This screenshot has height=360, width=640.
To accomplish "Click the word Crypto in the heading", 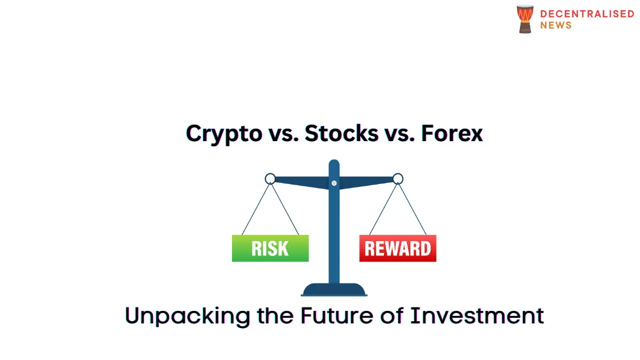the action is click(224, 134).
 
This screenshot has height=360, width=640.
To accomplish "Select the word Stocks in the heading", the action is click(341, 134).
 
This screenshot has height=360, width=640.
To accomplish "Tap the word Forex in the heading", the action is click(452, 134).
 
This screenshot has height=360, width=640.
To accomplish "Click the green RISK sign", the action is click(270, 248).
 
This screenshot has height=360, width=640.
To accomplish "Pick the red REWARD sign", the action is click(398, 248).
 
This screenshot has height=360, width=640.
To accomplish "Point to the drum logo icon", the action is click(525, 19).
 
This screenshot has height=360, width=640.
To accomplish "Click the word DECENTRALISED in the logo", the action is click(587, 14).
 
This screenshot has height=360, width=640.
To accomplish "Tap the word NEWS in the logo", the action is click(556, 25).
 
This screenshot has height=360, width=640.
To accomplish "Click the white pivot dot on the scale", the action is click(334, 183).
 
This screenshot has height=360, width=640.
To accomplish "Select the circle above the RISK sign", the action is click(270, 174).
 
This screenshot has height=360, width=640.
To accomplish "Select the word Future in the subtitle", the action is click(337, 315).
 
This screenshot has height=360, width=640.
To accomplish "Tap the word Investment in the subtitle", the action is click(477, 315).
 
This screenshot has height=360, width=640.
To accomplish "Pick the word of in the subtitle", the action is click(391, 315).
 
